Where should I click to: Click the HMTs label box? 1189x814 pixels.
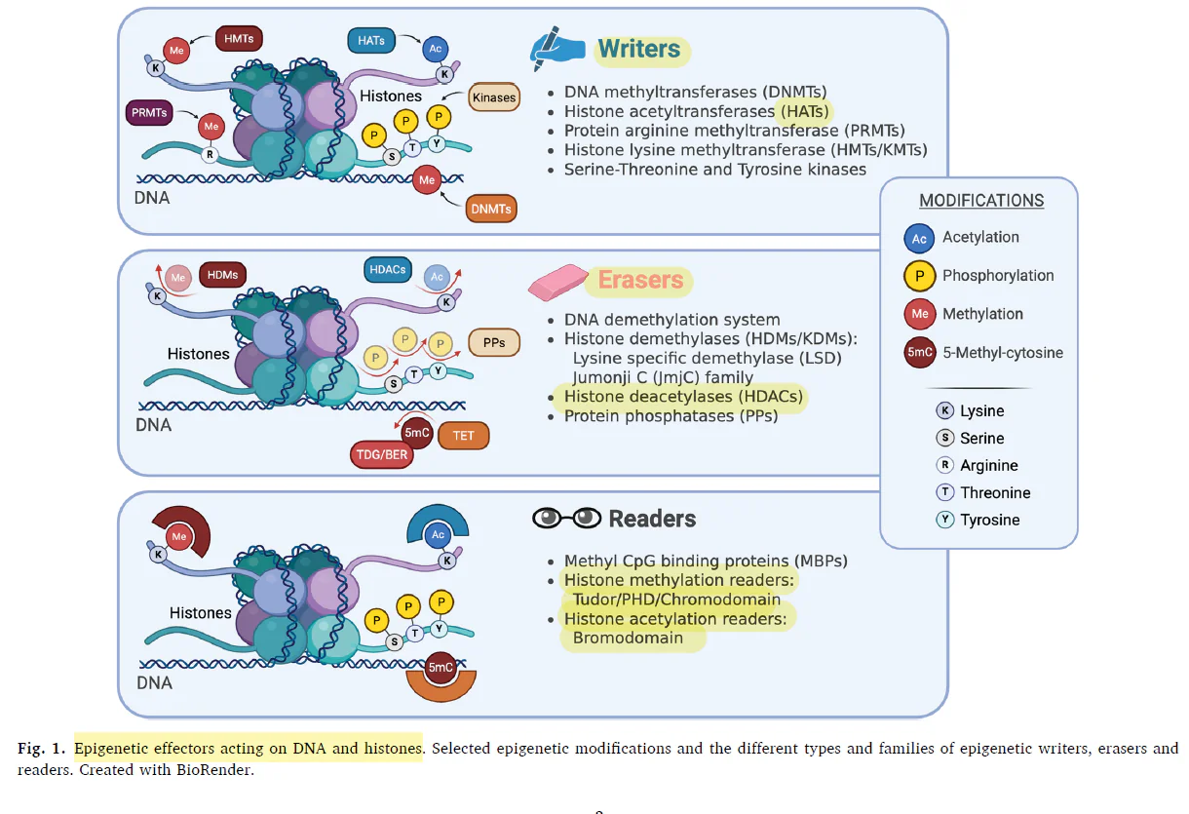239,39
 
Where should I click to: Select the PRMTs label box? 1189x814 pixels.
149,112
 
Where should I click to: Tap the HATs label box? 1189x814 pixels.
371,41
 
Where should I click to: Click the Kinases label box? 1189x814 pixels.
494,97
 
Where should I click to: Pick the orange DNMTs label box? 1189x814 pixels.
491,209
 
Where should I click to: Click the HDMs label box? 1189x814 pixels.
222,275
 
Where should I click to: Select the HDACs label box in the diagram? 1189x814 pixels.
388,270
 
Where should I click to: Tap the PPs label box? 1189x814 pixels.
494,342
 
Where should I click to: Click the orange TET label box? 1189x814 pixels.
463,436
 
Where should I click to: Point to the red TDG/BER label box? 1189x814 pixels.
382,455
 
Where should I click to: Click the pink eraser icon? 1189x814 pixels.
558,282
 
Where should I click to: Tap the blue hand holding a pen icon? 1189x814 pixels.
556,49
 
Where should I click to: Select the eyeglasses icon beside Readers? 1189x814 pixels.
567,519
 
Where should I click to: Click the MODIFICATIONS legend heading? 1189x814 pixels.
981,201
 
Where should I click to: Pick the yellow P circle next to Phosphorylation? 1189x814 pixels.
919,276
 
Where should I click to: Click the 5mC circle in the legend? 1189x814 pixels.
920,352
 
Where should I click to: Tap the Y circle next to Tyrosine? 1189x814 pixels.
944,520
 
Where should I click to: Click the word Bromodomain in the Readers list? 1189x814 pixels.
628,638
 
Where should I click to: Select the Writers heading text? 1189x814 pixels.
639,49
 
